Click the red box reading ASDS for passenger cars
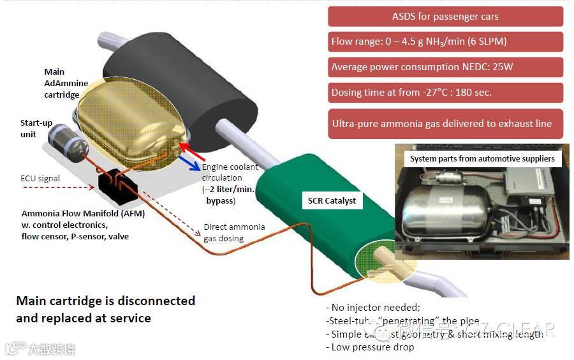(x=445, y=16)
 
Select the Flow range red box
(x=445, y=42)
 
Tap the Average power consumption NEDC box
(x=445, y=67)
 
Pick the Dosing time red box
(x=445, y=93)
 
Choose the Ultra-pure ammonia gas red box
(x=445, y=123)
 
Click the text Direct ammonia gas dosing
(x=234, y=232)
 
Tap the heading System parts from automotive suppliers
(x=482, y=158)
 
